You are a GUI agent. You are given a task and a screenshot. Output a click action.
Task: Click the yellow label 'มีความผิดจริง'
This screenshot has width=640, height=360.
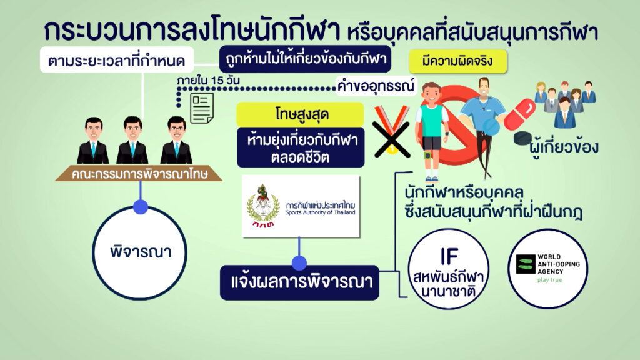point(458,62)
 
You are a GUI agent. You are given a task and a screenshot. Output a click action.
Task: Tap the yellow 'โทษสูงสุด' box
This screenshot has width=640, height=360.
point(301,114)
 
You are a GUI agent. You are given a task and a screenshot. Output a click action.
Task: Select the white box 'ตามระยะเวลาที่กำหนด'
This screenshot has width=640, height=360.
point(117,61)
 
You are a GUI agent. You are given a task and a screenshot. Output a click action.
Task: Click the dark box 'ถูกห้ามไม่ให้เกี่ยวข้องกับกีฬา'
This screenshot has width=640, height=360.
point(305,59)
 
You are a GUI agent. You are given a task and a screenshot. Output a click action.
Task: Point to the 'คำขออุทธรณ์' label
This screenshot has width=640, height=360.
point(376,86)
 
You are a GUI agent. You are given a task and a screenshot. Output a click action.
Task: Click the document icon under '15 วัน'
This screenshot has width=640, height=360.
point(202,107)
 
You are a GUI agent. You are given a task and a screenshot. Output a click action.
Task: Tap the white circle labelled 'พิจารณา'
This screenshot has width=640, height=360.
point(140,252)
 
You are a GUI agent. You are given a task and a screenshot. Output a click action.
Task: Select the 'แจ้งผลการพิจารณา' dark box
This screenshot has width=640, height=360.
point(299,282)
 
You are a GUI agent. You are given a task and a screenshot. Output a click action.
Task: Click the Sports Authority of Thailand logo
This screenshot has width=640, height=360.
point(301,206)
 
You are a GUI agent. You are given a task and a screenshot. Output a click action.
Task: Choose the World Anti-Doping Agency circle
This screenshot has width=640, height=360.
point(547,269)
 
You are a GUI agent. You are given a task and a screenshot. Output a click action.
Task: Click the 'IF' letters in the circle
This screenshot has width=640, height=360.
point(449,257)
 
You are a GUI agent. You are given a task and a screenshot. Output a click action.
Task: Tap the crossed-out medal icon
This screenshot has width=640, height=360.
point(392,131)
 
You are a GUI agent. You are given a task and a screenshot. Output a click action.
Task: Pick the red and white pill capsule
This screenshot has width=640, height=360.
point(519,115)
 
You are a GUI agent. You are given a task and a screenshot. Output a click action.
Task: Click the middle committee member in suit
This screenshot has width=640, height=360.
point(132,140)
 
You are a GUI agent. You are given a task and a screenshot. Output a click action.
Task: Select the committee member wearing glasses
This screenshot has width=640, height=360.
point(176,140)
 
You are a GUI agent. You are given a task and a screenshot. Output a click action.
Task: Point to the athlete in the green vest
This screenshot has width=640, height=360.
point(432,131)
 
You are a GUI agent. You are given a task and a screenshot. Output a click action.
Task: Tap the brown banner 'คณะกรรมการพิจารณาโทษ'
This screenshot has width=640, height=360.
point(139,174)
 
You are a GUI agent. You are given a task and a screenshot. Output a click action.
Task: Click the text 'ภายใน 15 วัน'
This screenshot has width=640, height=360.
point(208,81)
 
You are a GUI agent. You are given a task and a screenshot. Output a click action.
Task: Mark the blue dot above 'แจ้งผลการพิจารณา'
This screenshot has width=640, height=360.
point(299,263)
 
